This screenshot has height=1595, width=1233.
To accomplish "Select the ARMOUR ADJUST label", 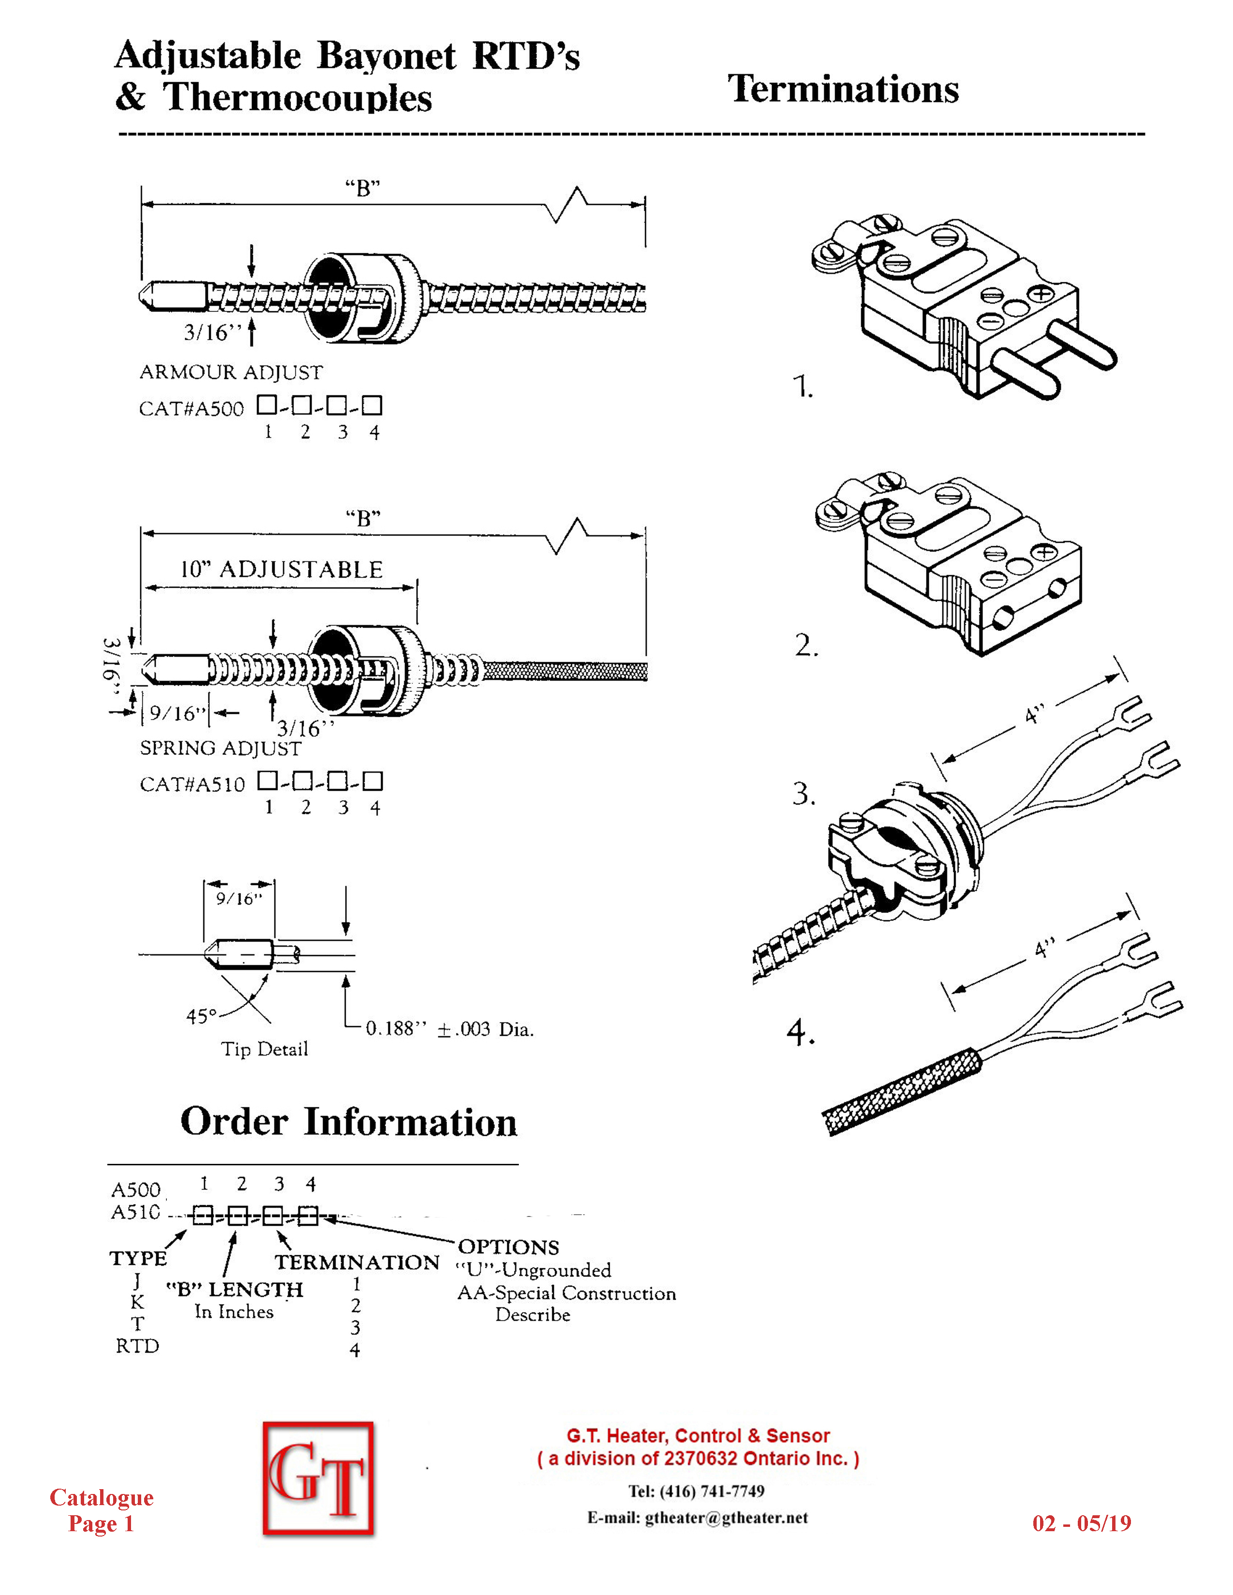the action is pos(231,373).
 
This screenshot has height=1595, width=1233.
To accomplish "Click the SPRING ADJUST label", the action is pos(220,749).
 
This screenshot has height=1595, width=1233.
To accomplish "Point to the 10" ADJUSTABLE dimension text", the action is pos(282,570).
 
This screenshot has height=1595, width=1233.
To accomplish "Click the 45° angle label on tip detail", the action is pos(202,1016).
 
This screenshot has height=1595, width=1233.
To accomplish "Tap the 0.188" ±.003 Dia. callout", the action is pos(449,1029).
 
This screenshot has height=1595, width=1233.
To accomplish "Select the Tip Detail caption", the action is pos(264,1049).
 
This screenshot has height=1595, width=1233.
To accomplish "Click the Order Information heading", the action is pos(349,1122).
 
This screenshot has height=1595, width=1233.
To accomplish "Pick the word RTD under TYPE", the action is pos(137,1346).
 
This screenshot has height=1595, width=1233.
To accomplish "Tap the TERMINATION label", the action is pos(357,1262).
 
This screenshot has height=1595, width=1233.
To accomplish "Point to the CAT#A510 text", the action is pos(192,784).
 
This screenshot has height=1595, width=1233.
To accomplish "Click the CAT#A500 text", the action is pos(191,408).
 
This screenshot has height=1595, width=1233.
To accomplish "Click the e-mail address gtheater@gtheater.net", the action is pos(727,1518).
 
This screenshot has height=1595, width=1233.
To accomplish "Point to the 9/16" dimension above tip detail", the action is pos(239,899).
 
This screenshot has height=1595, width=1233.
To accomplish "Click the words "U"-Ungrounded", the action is pos(533,1270).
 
